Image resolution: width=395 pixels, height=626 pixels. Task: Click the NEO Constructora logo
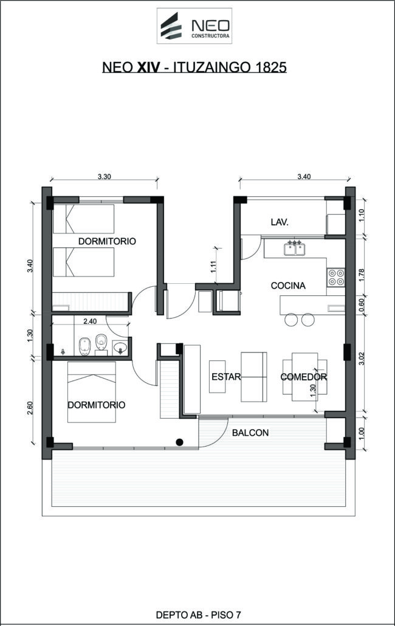tap(194, 26)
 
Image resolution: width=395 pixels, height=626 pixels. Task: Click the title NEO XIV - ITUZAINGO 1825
tap(194, 67)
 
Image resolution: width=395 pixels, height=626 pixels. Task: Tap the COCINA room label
tap(288, 286)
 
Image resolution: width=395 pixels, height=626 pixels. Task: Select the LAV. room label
tap(280, 222)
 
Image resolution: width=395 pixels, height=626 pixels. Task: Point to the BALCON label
tap(250, 432)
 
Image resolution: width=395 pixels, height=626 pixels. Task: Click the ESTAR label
tap(226, 376)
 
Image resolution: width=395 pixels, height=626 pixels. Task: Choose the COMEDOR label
tap(304, 377)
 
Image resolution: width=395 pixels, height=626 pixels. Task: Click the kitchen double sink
tap(295, 249)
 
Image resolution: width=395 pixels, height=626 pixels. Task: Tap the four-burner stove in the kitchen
tap(336, 277)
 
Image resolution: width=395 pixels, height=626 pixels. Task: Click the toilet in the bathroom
tap(101, 343)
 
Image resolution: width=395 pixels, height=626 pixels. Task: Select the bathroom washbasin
tap(120, 347)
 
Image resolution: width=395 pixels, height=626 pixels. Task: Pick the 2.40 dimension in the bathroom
tap(90, 321)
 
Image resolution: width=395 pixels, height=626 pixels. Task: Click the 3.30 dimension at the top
tap(104, 177)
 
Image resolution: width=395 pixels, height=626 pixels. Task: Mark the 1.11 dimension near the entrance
tap(213, 267)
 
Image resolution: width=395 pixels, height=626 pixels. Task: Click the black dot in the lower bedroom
tap(179, 442)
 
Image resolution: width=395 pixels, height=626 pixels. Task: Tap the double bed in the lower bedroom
tap(92, 392)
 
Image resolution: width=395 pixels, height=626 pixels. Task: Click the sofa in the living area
tap(254, 377)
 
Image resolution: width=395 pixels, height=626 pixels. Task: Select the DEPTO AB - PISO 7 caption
tap(198, 615)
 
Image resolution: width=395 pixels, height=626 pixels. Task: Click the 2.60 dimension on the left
tap(30, 407)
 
